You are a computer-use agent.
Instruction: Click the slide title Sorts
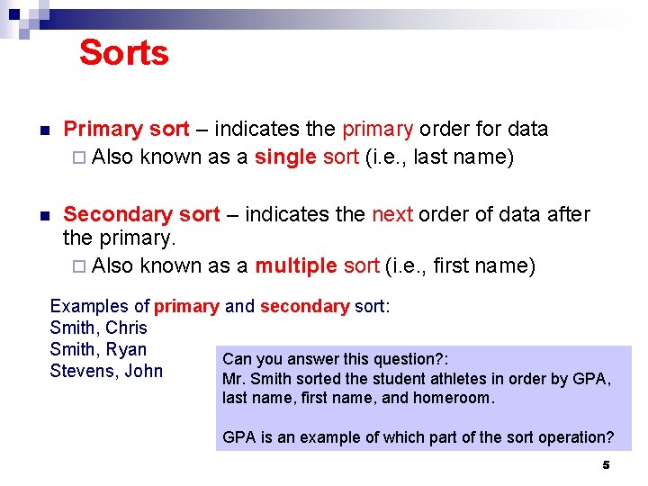click(123, 52)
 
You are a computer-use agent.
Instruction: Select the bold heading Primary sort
click(126, 130)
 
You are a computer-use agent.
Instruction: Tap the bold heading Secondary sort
click(141, 214)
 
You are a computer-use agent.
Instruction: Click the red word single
click(285, 157)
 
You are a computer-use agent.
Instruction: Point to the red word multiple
click(296, 265)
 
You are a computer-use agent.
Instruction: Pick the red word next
click(391, 214)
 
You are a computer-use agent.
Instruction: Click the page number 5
click(606, 464)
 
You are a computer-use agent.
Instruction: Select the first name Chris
click(126, 328)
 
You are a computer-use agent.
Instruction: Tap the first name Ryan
click(126, 349)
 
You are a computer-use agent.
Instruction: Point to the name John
click(143, 371)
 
